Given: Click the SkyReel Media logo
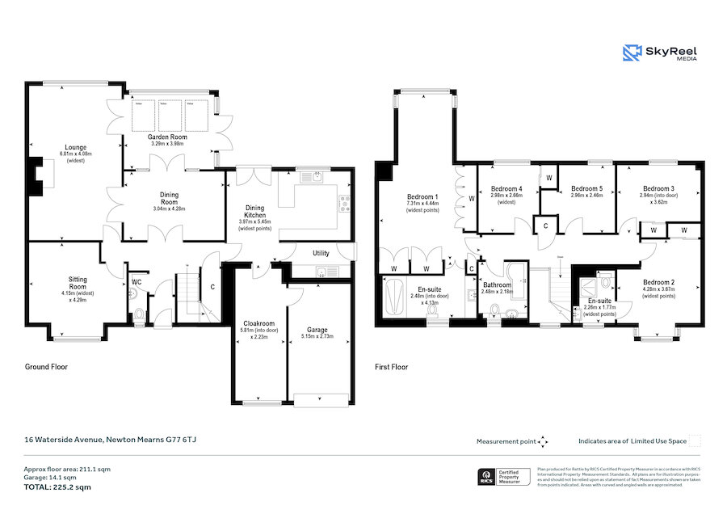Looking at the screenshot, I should coord(660,53).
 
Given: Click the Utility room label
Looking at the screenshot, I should coord(321,253).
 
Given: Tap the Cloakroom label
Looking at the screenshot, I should coord(259,327).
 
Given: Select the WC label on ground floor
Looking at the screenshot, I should coord(137,282).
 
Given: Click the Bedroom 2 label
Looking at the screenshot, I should coord(659,287).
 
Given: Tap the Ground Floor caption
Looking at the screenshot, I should coord(47,366).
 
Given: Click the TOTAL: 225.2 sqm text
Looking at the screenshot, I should coord(56,487).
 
